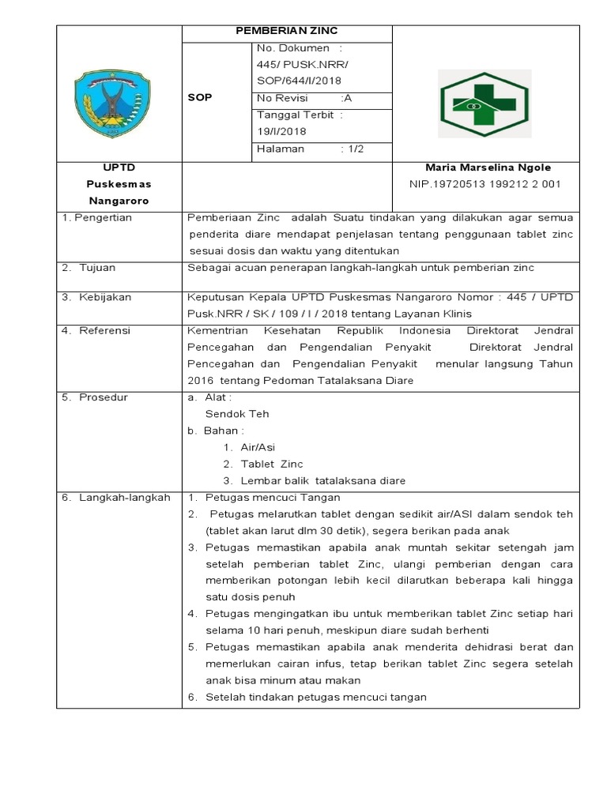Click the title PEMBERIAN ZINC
pos(287,31)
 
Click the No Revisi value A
pos(347,98)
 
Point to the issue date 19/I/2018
pos(281,132)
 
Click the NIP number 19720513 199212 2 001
pos(484,184)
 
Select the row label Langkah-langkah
pos(115,497)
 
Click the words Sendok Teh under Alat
pos(237,413)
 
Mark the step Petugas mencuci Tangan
pos(273,497)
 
